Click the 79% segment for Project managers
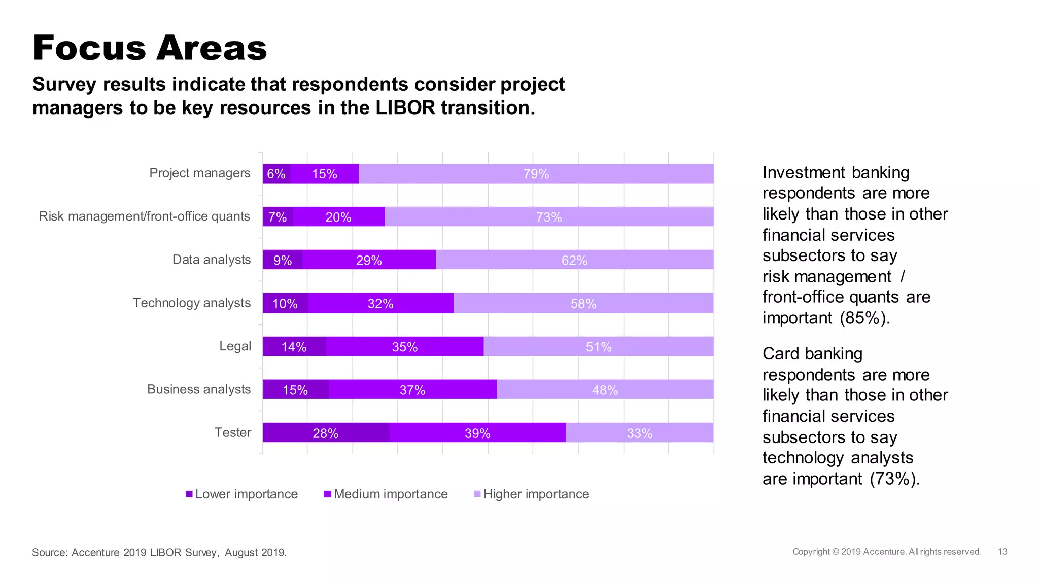click(x=536, y=174)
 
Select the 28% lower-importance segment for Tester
click(x=326, y=433)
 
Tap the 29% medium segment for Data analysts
click(x=369, y=260)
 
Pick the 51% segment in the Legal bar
click(x=599, y=347)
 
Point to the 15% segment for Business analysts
click(x=295, y=390)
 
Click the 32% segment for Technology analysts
click(x=380, y=303)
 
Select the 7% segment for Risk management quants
click(x=278, y=217)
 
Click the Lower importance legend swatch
click(x=189, y=494)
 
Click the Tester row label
click(x=232, y=432)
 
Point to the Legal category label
click(x=235, y=346)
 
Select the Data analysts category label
click(x=212, y=260)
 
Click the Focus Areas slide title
click(x=150, y=48)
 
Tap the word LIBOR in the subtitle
click(x=405, y=107)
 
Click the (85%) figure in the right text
click(x=864, y=318)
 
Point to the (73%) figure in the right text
click(x=894, y=479)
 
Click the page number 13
click(x=1002, y=552)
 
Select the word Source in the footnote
click(x=49, y=552)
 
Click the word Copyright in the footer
click(x=811, y=552)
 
